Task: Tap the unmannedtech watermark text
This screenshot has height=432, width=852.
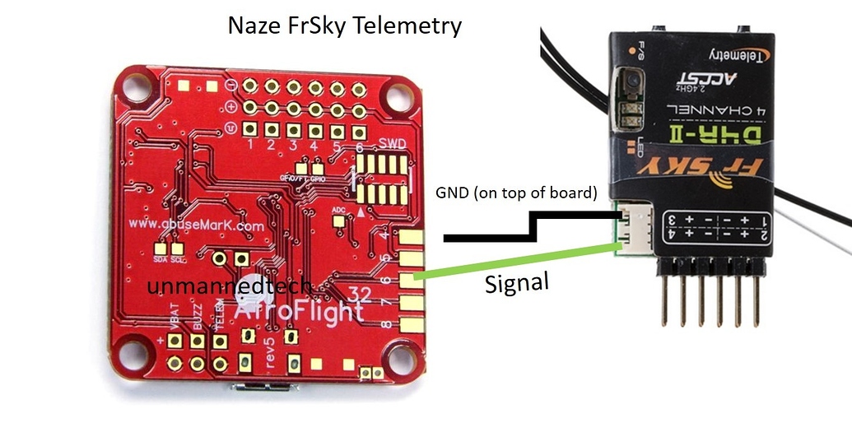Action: tap(229, 286)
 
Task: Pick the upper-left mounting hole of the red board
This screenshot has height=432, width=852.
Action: tap(138, 81)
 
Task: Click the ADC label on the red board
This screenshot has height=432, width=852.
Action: tap(338, 209)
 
